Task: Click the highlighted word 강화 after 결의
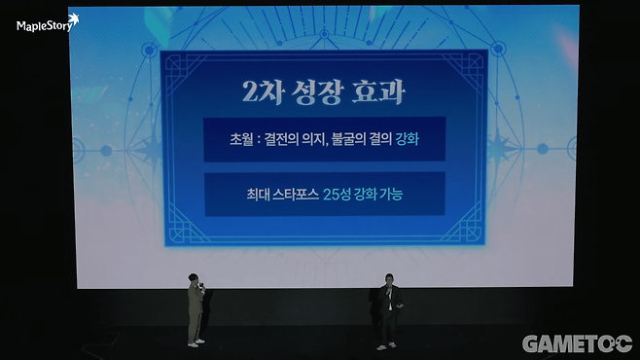pyautogui.click(x=408, y=139)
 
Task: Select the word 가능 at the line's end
pyautogui.click(x=390, y=195)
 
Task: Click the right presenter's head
pyautogui.click(x=390, y=278)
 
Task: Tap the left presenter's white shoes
pyautogui.click(x=196, y=341)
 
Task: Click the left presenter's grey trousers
pyautogui.click(x=195, y=321)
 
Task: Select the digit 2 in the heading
pyautogui.click(x=248, y=94)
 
